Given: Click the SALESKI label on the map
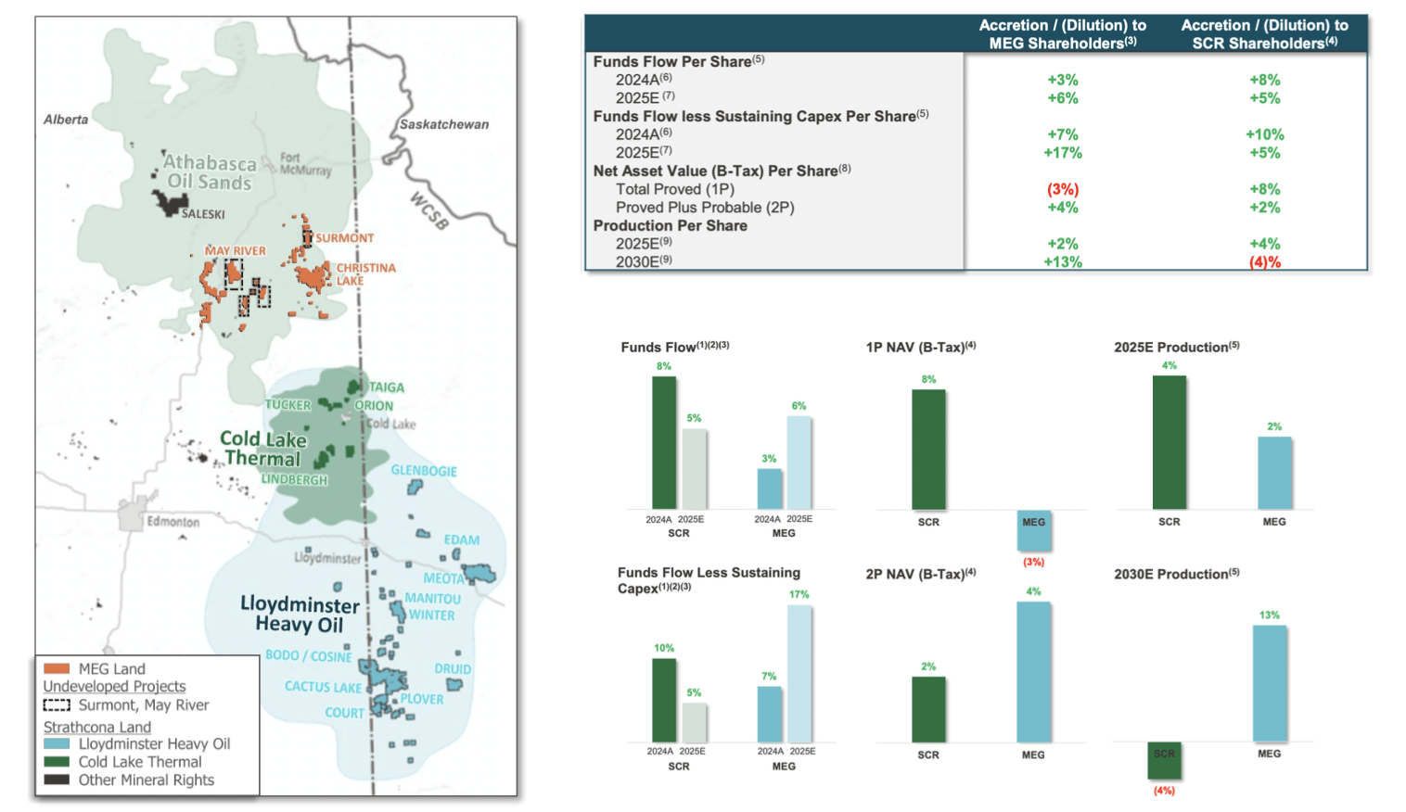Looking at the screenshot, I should pyautogui.click(x=203, y=214).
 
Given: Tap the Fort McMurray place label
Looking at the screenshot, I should pyautogui.click(x=305, y=164).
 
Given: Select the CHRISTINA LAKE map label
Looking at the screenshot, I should pyautogui.click(x=364, y=273).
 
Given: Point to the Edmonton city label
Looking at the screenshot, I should pyautogui.click(x=173, y=522).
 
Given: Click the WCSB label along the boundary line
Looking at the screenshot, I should pyautogui.click(x=428, y=211).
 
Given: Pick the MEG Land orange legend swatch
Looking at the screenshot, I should pyautogui.click(x=57, y=668).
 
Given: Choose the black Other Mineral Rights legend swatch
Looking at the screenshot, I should pyautogui.click(x=57, y=780).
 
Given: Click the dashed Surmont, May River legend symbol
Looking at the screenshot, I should pyautogui.click(x=57, y=705).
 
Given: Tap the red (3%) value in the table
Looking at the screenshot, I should pyautogui.click(x=1062, y=189).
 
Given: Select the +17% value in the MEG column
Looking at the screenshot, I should pyautogui.click(x=1062, y=153).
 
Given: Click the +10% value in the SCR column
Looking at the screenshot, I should pyautogui.click(x=1264, y=134).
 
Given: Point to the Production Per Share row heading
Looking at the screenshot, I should pyautogui.click(x=670, y=225).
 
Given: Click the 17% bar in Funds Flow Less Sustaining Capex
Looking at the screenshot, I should pyautogui.click(x=799, y=673).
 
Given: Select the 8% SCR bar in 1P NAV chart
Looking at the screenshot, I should pyautogui.click(x=928, y=450).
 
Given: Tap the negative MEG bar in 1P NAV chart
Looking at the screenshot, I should pyautogui.click(x=1033, y=530).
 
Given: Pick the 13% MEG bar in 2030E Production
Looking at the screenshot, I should pyautogui.click(x=1269, y=683).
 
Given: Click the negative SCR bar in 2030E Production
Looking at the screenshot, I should pyautogui.click(x=1164, y=761).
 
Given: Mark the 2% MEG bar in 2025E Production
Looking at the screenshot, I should pyautogui.click(x=1274, y=473).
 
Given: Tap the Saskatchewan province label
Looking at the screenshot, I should pyautogui.click(x=443, y=124).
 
